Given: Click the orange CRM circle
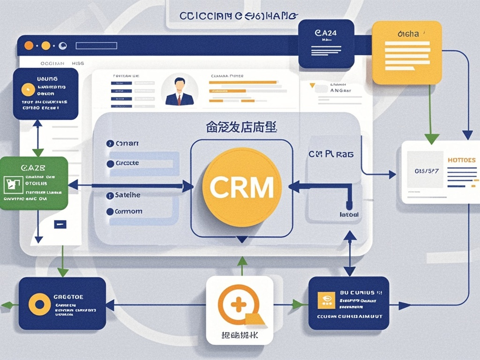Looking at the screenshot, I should (x=241, y=187).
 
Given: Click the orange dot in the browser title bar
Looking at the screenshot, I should (x=29, y=45).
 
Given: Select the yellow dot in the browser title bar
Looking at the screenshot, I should (x=45, y=45).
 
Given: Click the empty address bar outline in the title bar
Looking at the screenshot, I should (x=96, y=45).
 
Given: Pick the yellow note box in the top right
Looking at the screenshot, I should (x=407, y=52).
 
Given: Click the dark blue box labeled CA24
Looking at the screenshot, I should (x=325, y=44).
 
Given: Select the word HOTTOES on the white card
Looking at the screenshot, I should (x=461, y=160).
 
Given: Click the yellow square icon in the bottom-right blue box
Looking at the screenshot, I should (x=326, y=300).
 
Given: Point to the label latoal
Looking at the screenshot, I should (x=349, y=215).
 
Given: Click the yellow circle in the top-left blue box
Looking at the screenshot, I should (x=28, y=90).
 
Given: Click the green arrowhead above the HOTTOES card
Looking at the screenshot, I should (x=431, y=138).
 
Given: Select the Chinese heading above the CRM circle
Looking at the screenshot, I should (x=241, y=127).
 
